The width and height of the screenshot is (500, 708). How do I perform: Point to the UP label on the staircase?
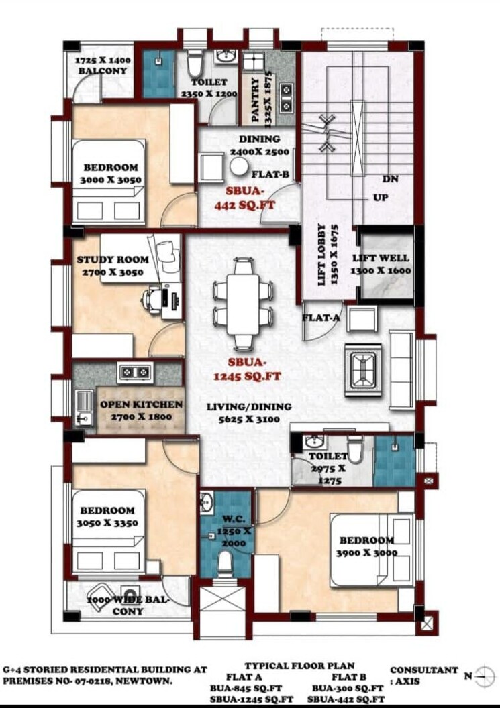click(x=380, y=199)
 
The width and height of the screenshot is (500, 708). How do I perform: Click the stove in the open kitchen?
click(x=135, y=371)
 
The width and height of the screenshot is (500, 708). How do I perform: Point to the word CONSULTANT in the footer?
click(x=424, y=670)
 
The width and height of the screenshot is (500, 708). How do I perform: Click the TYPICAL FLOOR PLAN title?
click(x=299, y=666)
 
